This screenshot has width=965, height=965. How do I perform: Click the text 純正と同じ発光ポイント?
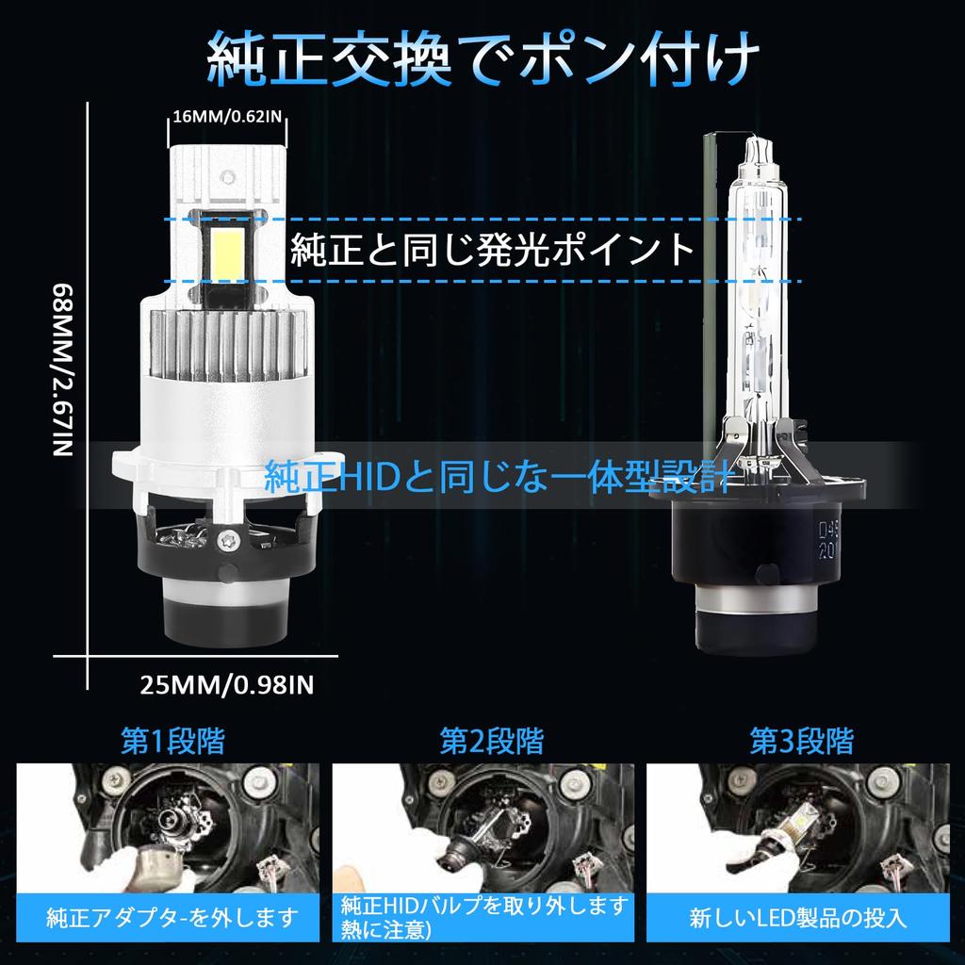(493, 250)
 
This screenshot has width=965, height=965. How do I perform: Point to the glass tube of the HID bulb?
(759, 283)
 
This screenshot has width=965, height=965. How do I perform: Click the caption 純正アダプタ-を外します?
(172, 916)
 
